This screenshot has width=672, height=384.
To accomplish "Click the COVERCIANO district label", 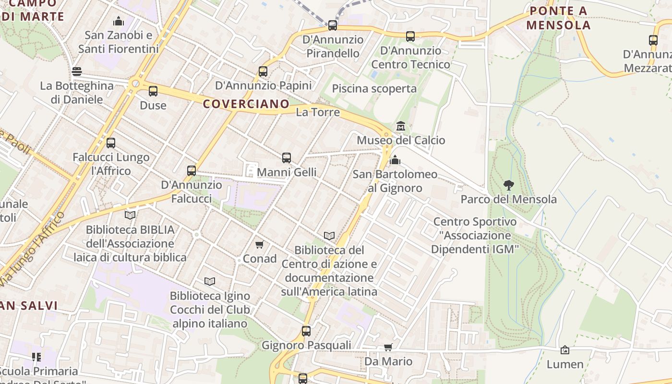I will pyautogui.click(x=246, y=104).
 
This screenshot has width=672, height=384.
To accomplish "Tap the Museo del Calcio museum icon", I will pyautogui.click(x=401, y=126).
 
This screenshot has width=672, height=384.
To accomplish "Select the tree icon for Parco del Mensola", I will pyautogui.click(x=508, y=185).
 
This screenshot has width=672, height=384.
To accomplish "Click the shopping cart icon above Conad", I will pyautogui.click(x=260, y=245).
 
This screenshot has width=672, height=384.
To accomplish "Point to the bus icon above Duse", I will pyautogui.click(x=153, y=91).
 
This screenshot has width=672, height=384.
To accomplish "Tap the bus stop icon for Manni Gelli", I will pyautogui.click(x=287, y=158).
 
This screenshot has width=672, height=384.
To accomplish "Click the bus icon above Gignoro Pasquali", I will pyautogui.click(x=306, y=331).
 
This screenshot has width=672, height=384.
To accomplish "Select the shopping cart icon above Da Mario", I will pyautogui.click(x=388, y=347).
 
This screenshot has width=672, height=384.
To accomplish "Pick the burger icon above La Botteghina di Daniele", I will pyautogui.click(x=77, y=72).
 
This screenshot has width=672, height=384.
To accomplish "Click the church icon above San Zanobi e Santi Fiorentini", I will pyautogui.click(x=118, y=21).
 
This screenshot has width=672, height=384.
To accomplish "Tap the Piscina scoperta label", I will pyautogui.click(x=374, y=89).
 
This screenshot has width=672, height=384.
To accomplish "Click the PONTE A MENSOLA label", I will pyautogui.click(x=558, y=18).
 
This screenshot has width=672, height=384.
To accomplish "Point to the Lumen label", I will pyautogui.click(x=565, y=364).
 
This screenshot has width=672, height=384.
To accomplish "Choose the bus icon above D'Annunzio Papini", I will pyautogui.click(x=263, y=72).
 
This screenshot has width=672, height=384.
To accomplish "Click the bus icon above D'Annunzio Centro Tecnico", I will pyautogui.click(x=410, y=36).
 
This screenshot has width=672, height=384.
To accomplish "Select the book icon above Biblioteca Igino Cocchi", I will pyautogui.click(x=210, y=281).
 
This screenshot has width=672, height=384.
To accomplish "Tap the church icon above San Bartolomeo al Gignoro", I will pyautogui.click(x=395, y=160).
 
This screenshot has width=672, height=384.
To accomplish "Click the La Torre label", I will pyautogui.click(x=318, y=112).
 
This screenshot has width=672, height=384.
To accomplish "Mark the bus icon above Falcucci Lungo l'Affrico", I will pyautogui.click(x=111, y=143).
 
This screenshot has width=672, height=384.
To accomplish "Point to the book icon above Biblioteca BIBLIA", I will pyautogui.click(x=130, y=215).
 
